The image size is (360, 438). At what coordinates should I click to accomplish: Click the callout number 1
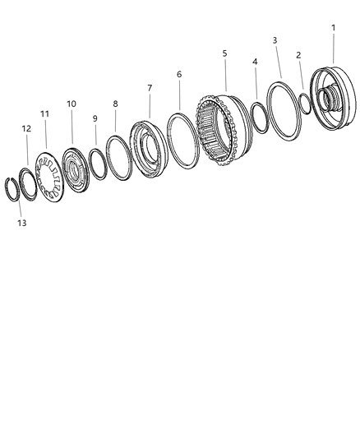click(333, 28)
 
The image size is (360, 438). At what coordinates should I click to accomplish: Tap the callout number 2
click(298, 55)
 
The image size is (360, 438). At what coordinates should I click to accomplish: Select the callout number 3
click(275, 40)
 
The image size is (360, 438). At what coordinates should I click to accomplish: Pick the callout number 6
click(179, 74)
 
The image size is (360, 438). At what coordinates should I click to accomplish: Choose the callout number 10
click(72, 104)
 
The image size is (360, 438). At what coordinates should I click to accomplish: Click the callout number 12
click(26, 128)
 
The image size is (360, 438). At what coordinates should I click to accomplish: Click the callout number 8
click(116, 104)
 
